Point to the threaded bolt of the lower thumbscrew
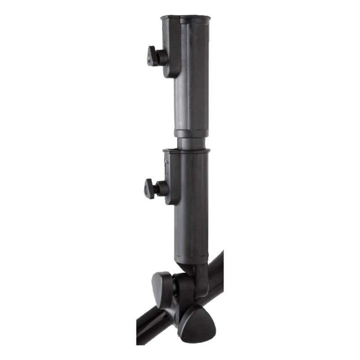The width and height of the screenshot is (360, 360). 158,189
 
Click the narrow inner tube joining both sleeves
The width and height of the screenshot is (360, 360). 193,143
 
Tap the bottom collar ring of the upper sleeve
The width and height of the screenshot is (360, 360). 191,133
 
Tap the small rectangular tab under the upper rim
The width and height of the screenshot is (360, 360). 167,28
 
